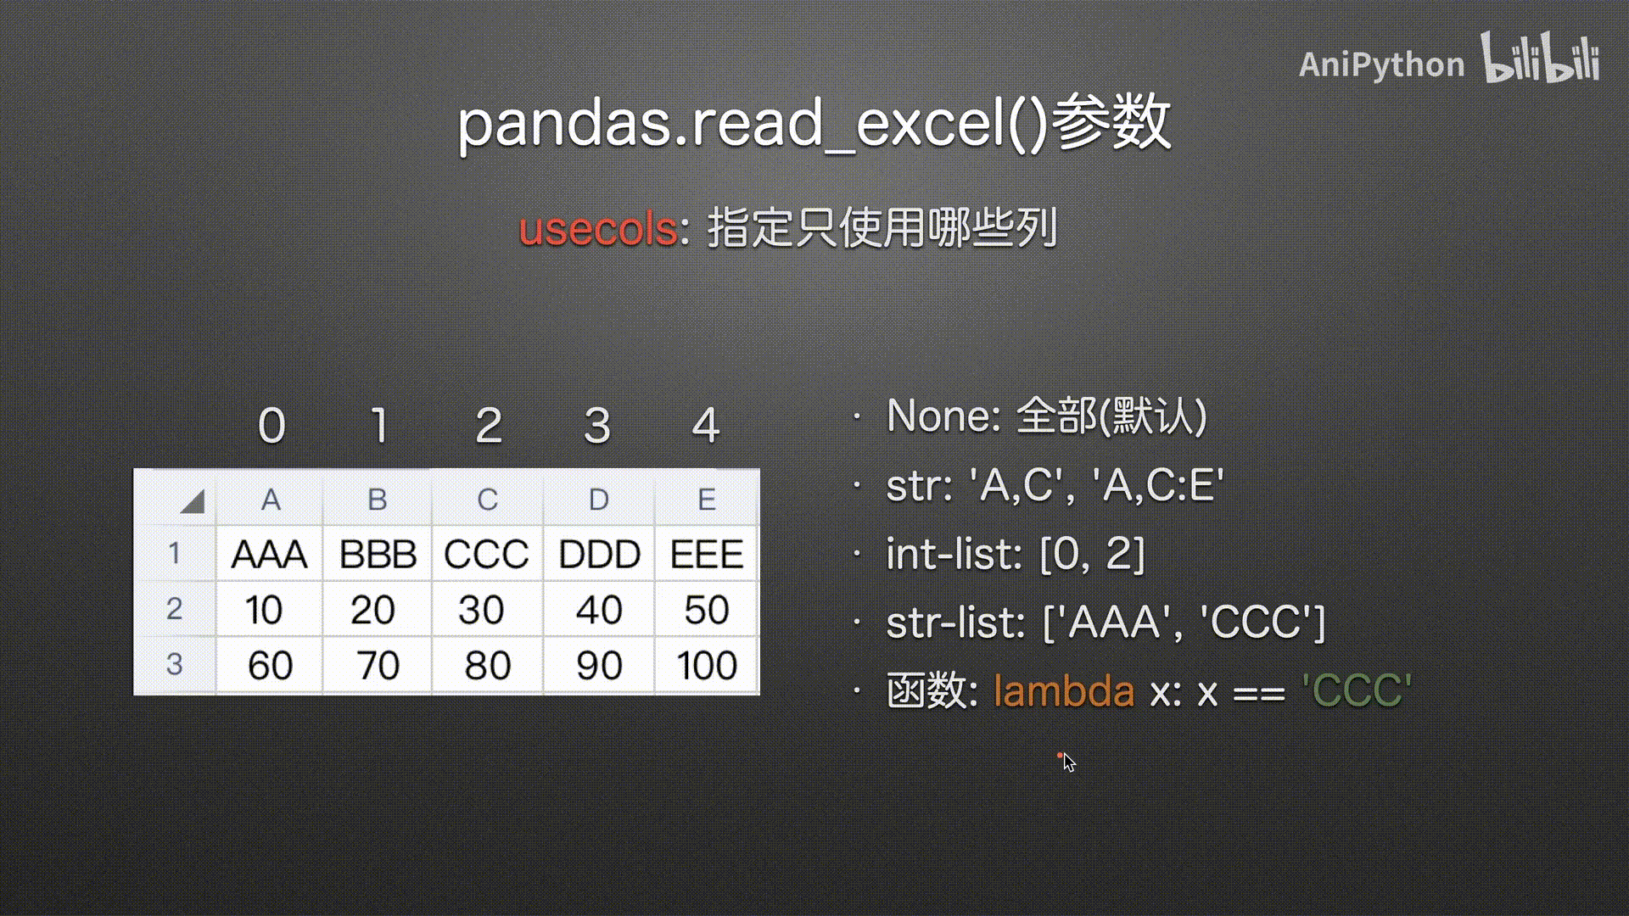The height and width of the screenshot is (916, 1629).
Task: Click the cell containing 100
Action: (707, 666)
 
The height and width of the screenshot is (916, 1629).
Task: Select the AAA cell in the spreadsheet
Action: (270, 554)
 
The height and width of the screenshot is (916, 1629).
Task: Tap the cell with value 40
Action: (599, 610)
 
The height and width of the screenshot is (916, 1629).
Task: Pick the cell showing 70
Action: (378, 666)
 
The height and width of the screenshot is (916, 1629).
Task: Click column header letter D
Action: (599, 500)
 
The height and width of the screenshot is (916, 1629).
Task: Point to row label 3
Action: (174, 664)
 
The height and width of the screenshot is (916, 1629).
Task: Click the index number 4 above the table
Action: (706, 426)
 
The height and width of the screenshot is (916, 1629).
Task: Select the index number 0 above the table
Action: (271, 426)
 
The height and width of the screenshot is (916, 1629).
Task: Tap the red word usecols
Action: (598, 229)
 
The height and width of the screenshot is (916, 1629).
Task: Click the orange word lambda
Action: (1064, 690)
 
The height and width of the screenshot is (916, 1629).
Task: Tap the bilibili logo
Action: (1541, 58)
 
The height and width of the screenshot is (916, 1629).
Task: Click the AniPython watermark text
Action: (1381, 64)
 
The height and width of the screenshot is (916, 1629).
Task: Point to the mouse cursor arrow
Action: (1069, 762)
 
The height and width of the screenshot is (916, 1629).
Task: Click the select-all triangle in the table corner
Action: (193, 501)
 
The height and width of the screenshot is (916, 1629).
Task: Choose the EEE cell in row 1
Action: (707, 554)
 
